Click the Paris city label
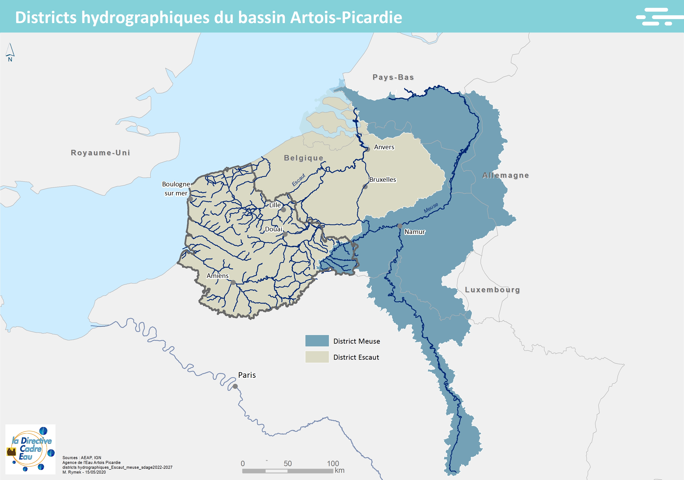click(x=247, y=375)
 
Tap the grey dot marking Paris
click(x=235, y=386)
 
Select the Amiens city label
click(x=218, y=276)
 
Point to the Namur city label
click(x=414, y=232)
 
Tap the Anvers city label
click(x=384, y=147)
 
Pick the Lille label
click(x=275, y=205)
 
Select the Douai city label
click(x=273, y=229)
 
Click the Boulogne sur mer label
click(x=176, y=189)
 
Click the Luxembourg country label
click(x=492, y=290)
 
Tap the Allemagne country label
click(x=505, y=175)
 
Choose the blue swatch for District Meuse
click(x=317, y=341)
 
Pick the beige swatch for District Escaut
click(x=317, y=357)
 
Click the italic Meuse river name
click(x=431, y=208)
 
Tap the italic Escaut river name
click(x=299, y=180)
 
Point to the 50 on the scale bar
click(x=288, y=463)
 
